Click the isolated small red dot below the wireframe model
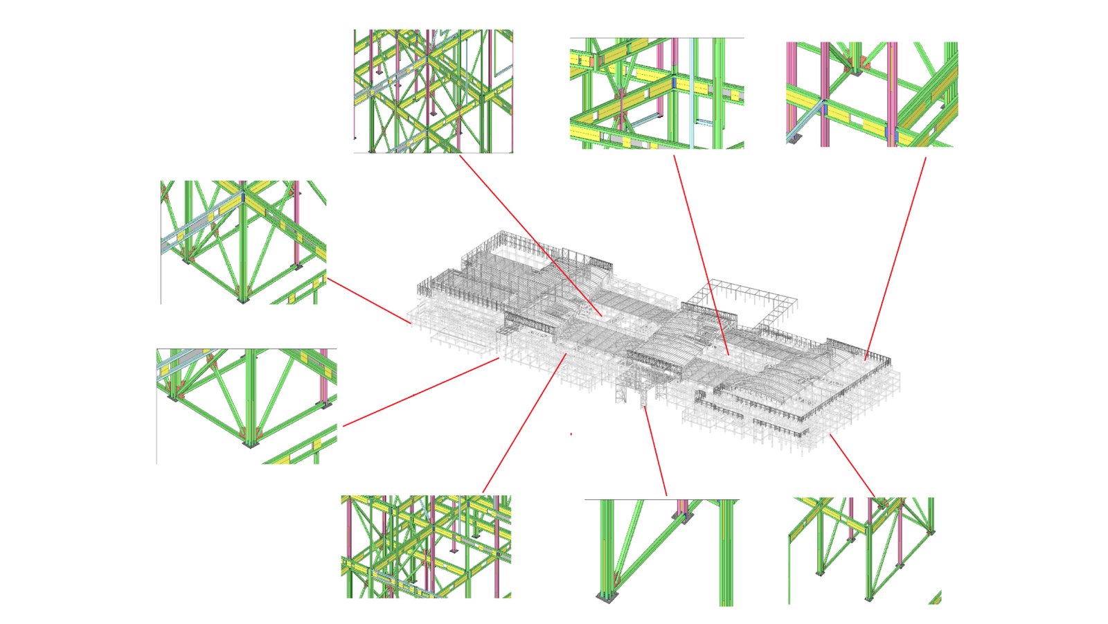tap(571, 434)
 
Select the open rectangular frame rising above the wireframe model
tap(751, 298)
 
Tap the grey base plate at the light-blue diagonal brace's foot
tap(795, 139)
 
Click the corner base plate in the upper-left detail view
tap(242, 301)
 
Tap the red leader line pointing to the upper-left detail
tap(367, 301)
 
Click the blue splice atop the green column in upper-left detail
tap(242, 197)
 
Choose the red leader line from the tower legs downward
tap(654, 450)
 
